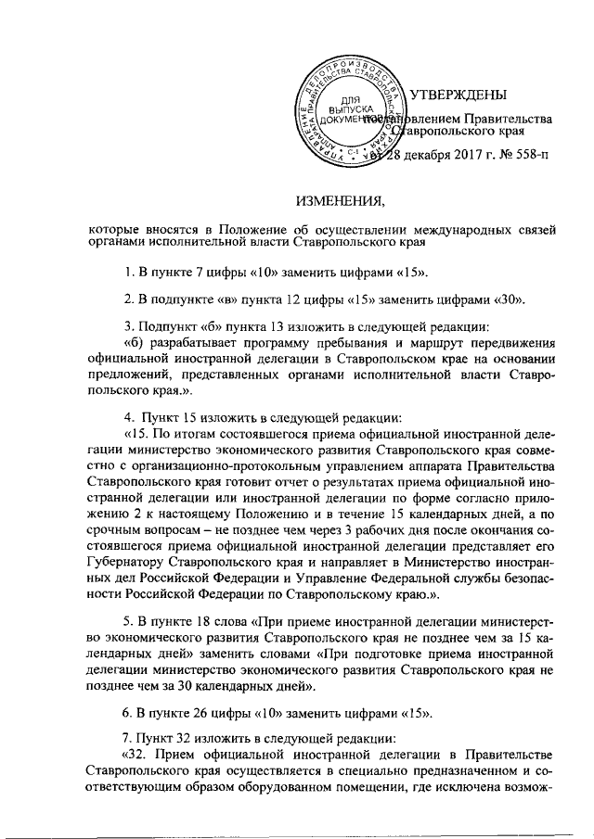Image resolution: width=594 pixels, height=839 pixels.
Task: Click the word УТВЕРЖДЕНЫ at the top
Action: tap(458, 95)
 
